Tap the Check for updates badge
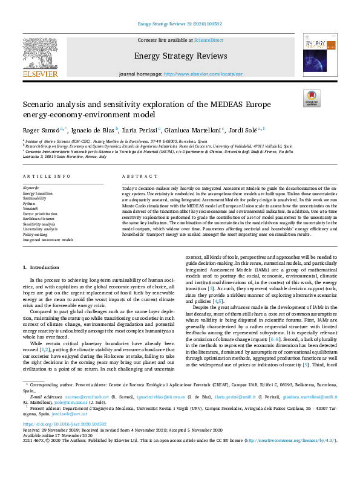pyautogui.click(x=312, y=98)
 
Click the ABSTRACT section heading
pyautogui.click(x=136, y=176)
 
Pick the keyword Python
pyautogui.click(x=30, y=203)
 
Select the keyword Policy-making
pyautogui.click(x=35, y=234)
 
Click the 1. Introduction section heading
pyautogui.click(x=41, y=267)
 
